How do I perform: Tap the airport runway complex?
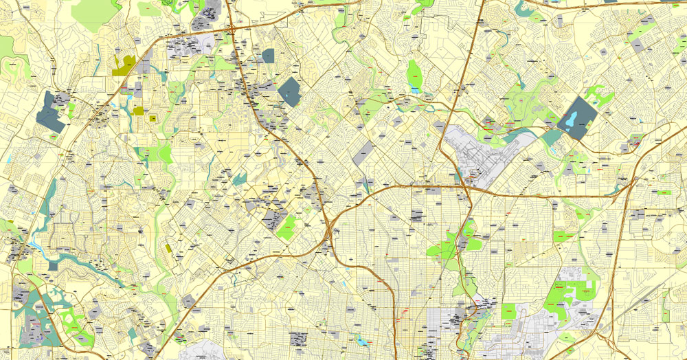481,155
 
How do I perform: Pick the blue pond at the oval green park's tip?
414,89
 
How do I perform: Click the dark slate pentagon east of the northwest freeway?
289,91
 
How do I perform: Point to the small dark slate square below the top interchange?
267,56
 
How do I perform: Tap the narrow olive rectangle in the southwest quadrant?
169,247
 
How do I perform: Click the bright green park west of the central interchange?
286,226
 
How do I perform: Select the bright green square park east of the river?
508,311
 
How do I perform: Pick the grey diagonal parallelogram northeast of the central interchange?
365,152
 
